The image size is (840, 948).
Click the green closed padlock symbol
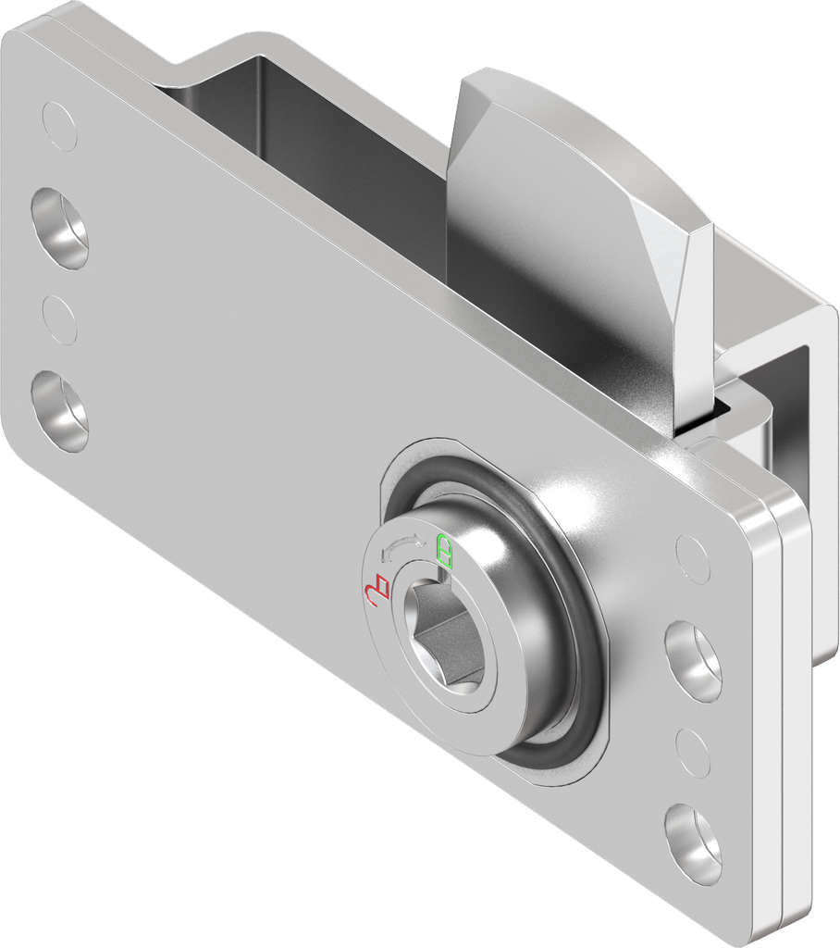(x=445, y=551)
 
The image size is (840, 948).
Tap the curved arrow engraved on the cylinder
(x=403, y=548)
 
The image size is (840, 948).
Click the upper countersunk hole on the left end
(x=59, y=228)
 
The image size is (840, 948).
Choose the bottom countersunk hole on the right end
(x=694, y=842)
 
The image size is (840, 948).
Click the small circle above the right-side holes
(x=692, y=558)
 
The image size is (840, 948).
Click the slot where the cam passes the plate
(x=712, y=412)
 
